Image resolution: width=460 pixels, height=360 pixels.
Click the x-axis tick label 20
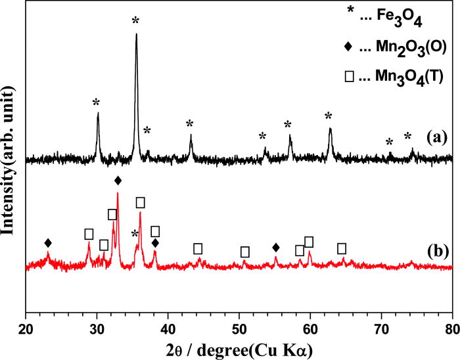26,333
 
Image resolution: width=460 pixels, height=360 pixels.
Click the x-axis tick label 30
97,333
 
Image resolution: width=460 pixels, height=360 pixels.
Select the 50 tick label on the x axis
239,333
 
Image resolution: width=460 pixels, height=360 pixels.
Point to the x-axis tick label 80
451,333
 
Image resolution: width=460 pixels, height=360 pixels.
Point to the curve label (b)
437,250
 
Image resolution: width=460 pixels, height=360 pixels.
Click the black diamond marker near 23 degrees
48,243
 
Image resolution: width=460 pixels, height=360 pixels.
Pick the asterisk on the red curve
135,234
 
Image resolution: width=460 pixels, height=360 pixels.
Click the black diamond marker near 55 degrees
276,247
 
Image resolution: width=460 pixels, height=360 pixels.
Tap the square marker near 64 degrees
342,248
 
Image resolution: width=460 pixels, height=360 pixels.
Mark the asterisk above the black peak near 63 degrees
329,116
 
